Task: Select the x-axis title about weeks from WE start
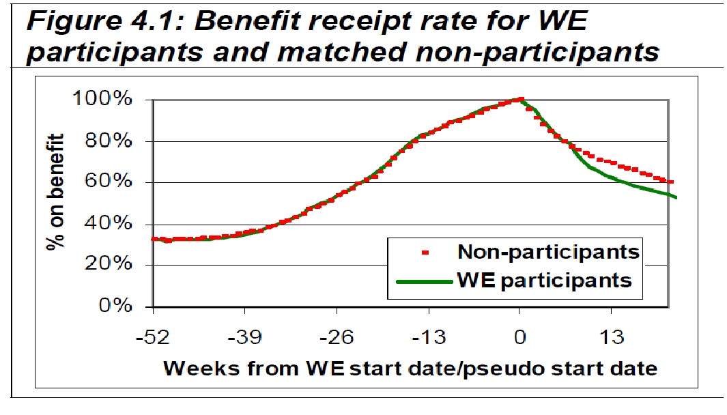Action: [410, 369]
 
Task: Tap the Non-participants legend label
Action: [548, 252]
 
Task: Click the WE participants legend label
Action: [544, 281]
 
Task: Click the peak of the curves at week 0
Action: [520, 100]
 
